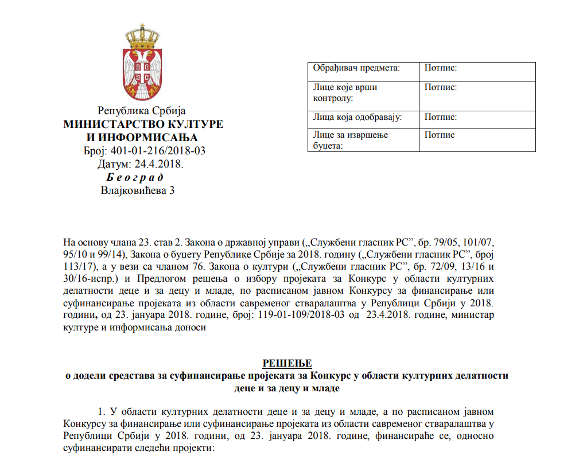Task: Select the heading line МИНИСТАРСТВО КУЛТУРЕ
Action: tap(143, 124)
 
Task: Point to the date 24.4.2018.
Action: tap(157, 164)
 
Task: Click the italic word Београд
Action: tap(135, 177)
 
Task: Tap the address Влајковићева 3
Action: tap(137, 190)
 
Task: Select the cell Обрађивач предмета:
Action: tap(356, 68)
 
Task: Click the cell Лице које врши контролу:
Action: tap(345, 92)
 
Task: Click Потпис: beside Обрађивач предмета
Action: tap(441, 68)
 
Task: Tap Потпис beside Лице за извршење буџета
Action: tap(440, 135)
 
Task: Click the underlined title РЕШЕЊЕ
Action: tap(287, 363)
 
